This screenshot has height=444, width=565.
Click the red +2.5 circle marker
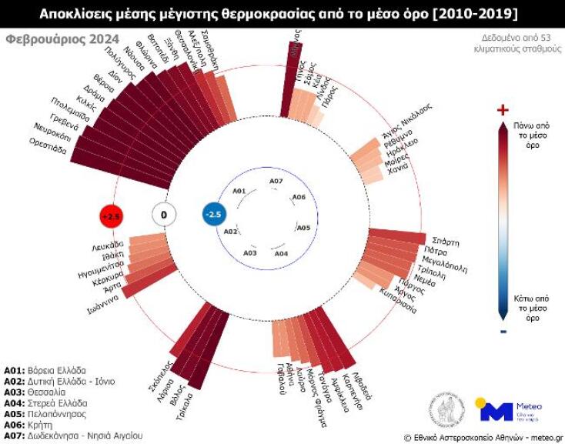pos(112,216)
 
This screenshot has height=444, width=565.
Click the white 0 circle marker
pos(162,215)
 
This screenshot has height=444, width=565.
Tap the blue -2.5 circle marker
pos(213,215)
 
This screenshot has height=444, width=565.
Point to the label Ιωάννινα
pos(105,305)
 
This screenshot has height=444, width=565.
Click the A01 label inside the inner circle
pos(239,190)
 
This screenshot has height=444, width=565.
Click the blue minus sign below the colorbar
pos(503,331)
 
